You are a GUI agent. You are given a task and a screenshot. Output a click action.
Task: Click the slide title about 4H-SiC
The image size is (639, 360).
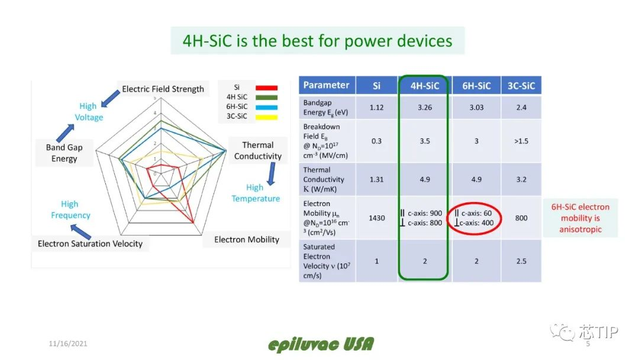317,41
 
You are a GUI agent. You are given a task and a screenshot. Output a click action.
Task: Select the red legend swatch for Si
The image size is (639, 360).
266,88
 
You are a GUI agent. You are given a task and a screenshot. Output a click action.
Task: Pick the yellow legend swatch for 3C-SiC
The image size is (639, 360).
266,117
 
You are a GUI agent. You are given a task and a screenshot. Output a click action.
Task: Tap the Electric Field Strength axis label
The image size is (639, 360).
163,89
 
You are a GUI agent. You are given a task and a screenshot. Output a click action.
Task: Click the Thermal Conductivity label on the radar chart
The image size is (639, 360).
257,150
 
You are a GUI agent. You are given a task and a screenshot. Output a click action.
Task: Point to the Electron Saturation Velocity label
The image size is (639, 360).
90,243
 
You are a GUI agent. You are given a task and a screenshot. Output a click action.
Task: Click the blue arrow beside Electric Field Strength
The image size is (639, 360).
111,99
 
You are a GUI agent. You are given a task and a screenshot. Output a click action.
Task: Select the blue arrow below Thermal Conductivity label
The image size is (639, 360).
271,174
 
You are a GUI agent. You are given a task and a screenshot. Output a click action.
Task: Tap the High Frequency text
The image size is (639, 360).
70,210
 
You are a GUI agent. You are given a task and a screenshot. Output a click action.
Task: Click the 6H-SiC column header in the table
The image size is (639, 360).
476,86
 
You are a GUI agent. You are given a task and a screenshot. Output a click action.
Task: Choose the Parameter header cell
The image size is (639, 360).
327,85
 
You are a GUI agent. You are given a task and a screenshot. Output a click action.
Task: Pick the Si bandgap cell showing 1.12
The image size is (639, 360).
376,107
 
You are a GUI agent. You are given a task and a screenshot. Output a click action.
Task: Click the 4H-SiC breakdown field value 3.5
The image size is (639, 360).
425,141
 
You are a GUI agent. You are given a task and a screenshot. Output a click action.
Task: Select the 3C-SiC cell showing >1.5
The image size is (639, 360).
521,141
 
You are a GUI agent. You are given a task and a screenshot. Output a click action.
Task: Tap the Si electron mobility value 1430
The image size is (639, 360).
376,218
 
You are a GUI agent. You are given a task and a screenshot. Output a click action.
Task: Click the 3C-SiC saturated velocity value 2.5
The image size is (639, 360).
521,261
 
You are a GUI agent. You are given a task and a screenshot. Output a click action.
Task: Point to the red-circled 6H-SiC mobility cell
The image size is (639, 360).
474,218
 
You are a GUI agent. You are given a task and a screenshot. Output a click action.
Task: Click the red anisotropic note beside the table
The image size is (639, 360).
580,218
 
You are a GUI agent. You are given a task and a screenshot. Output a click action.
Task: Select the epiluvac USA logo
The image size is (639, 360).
321,345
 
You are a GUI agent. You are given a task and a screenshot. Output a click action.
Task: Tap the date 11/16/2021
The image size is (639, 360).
68,343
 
